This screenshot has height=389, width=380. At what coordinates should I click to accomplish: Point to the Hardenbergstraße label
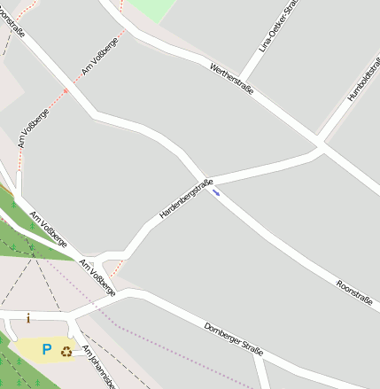click(x=186, y=199)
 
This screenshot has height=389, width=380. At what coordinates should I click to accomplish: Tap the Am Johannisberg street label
click(x=100, y=365)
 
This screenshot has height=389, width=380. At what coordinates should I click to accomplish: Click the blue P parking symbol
click(x=47, y=350)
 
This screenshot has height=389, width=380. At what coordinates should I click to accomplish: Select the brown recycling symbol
click(x=67, y=351)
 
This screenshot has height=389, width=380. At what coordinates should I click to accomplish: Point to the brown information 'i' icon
click(x=28, y=318)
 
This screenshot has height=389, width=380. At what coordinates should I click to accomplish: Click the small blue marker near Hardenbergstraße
click(x=216, y=192)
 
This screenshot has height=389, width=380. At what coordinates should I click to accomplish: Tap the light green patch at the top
click(x=151, y=9)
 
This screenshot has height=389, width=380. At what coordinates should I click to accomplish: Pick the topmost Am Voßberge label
click(x=100, y=56)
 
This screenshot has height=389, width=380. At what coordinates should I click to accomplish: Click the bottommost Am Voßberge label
click(x=97, y=278)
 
